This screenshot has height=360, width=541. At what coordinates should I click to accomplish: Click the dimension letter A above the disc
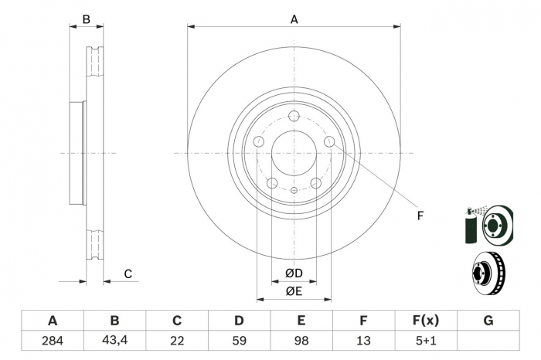294,20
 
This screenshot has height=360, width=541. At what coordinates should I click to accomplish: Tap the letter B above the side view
87,19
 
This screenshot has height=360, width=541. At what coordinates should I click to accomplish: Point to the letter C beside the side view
128,273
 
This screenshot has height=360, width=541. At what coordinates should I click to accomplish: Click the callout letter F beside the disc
420,215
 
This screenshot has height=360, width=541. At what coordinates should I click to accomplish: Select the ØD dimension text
293,273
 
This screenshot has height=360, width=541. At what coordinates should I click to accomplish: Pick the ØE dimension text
293,290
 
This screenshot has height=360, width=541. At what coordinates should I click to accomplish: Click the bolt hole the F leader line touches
329,141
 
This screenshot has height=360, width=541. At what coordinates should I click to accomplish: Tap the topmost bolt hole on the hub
294,117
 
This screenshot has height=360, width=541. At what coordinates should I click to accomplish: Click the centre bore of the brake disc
294,153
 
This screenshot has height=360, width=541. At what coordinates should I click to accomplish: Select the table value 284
53,341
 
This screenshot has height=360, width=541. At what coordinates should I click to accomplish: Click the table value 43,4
114,341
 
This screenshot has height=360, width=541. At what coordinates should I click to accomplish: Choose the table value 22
177,341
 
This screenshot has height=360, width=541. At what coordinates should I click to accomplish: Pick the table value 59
239,341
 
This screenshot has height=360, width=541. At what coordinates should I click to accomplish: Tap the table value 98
301,341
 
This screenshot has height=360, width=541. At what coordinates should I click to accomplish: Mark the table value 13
363,341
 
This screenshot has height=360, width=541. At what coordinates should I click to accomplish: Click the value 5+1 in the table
426,341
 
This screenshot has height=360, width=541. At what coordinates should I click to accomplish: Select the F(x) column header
426,321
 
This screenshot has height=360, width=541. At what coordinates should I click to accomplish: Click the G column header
488,321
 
